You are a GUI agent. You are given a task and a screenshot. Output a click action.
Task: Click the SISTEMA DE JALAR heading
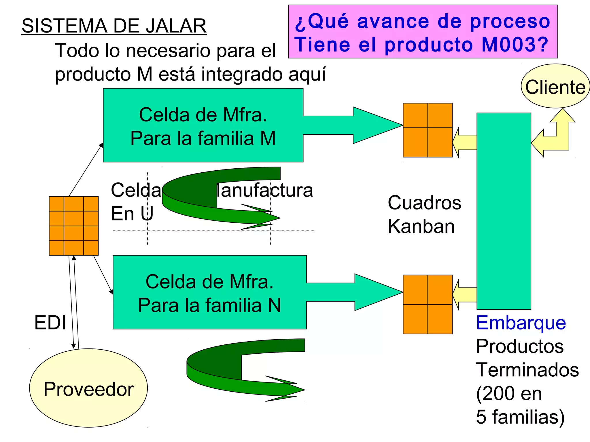[x=114, y=26]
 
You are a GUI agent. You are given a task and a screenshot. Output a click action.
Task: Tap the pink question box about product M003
[x=423, y=32]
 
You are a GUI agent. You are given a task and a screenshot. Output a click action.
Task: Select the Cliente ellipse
[x=555, y=86]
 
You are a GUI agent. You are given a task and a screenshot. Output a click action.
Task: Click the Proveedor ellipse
[x=88, y=388]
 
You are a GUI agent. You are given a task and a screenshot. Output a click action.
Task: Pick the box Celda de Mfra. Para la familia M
[x=203, y=125]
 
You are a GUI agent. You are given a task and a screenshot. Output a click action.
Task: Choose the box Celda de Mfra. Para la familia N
[x=209, y=292]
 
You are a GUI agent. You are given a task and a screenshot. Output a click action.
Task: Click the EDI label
[x=50, y=323]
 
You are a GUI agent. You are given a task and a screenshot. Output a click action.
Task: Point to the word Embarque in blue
[x=521, y=323]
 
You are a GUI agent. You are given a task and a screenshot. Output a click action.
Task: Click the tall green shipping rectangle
[x=504, y=211]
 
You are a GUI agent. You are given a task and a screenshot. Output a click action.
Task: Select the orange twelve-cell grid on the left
[x=74, y=226]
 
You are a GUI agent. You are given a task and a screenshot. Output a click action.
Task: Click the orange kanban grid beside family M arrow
[x=428, y=130]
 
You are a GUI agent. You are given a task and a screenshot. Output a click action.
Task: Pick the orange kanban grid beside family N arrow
[x=428, y=304]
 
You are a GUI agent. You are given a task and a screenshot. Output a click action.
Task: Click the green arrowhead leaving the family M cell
[x=375, y=125]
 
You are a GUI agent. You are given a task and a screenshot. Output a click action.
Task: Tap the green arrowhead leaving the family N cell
[x=376, y=292]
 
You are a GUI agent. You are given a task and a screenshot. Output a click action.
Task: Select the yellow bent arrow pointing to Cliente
[x=556, y=135]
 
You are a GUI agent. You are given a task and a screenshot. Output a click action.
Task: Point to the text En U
[x=132, y=214]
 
